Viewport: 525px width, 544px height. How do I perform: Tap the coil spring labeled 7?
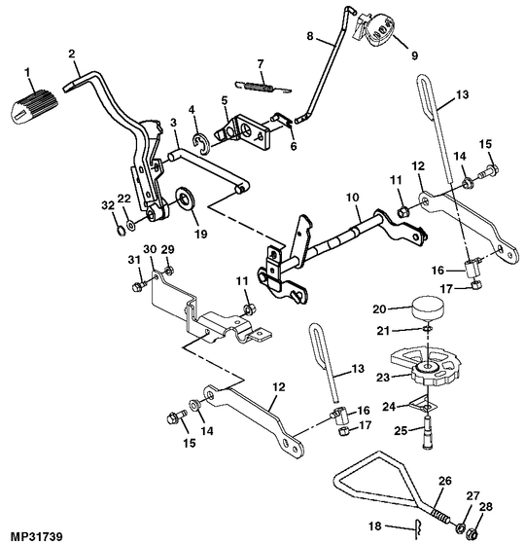click(262, 88)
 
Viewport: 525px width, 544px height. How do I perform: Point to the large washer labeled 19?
click(186, 199)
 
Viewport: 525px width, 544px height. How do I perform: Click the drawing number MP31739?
click(32, 536)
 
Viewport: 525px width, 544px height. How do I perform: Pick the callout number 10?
click(352, 198)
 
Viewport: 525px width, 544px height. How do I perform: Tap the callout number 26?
click(445, 481)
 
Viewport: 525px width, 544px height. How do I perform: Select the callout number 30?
click(150, 249)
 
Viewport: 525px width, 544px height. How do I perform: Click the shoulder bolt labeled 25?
click(428, 432)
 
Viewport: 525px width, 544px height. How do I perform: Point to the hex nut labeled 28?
click(472, 532)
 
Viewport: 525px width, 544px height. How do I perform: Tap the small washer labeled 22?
click(131, 226)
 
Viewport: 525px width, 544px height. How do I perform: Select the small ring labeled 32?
click(121, 231)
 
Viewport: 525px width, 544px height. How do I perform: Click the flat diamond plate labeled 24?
click(424, 404)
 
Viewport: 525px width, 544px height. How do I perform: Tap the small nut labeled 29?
click(169, 271)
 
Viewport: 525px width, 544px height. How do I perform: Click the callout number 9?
click(414, 55)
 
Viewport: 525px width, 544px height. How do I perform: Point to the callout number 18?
click(375, 526)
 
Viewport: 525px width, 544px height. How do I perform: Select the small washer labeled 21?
click(428, 329)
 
